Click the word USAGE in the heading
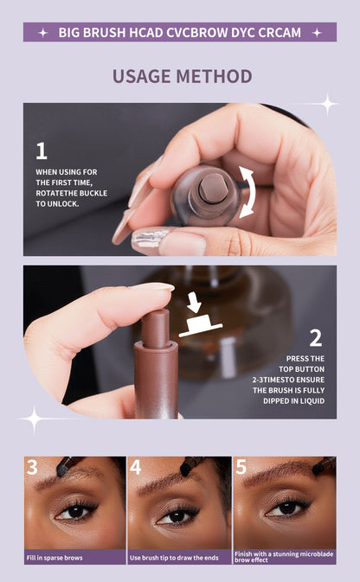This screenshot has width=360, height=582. pos(142,76)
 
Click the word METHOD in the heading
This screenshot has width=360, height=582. pos(214,76)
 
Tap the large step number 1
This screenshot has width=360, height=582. pos(42,151)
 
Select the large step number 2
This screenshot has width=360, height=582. pos(316,338)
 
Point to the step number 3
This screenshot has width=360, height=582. pos(32,467)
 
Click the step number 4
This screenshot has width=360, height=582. pos(135,467)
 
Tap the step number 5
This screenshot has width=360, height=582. pos(241,467)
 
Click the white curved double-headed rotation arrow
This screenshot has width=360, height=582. pos(247,192)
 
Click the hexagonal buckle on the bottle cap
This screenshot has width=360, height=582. pos(212,189)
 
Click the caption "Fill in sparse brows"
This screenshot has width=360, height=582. pos(55,558)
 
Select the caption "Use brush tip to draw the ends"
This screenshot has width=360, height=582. pos(174,558)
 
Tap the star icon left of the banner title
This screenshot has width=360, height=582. pos(43,33)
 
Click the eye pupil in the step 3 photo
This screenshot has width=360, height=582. pos(76,511)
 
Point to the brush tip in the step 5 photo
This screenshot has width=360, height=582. pos(318,470)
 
